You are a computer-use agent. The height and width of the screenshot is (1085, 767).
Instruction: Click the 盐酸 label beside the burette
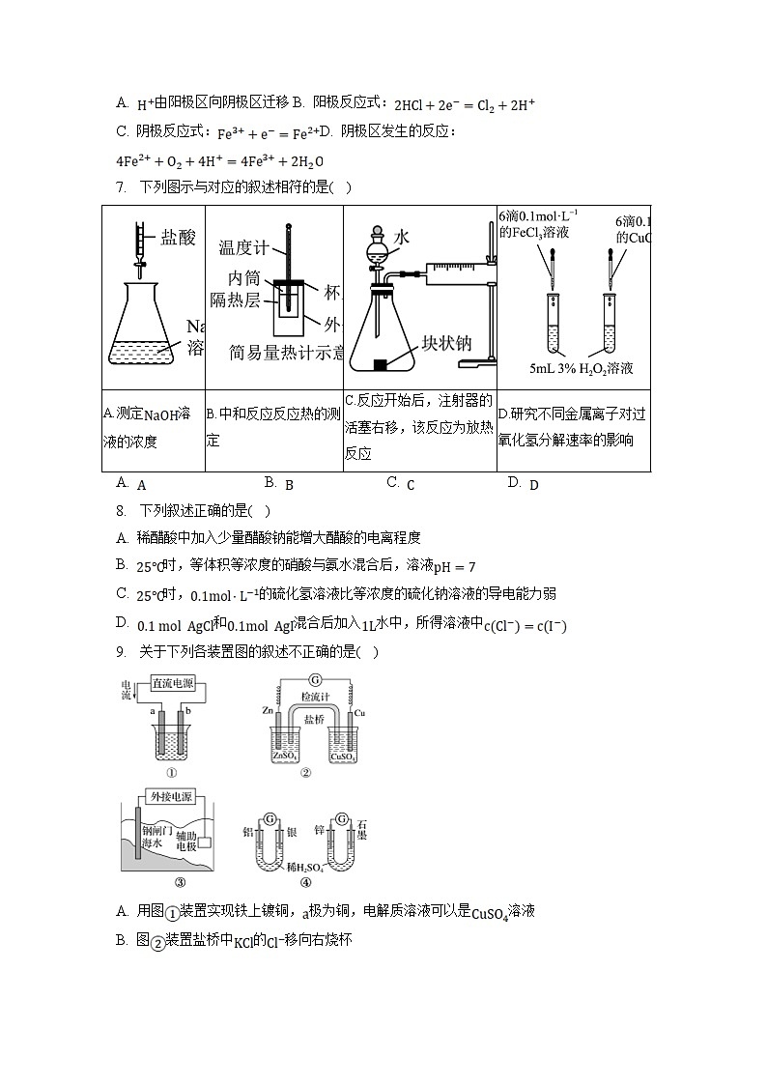click(x=182, y=237)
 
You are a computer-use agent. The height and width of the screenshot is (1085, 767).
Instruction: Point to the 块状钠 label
click(x=445, y=344)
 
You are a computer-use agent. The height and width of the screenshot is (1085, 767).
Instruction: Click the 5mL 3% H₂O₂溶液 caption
click(x=582, y=368)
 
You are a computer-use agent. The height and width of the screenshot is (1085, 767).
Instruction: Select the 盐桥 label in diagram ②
click(x=314, y=720)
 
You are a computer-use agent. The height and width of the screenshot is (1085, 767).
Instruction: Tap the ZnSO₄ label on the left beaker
click(x=276, y=757)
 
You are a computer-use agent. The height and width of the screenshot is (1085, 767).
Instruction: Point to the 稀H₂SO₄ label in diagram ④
click(x=306, y=869)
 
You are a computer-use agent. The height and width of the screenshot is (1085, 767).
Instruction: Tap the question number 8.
click(x=121, y=511)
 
